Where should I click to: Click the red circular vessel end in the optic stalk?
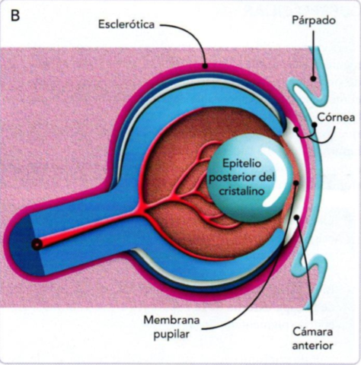pos(35,244)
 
